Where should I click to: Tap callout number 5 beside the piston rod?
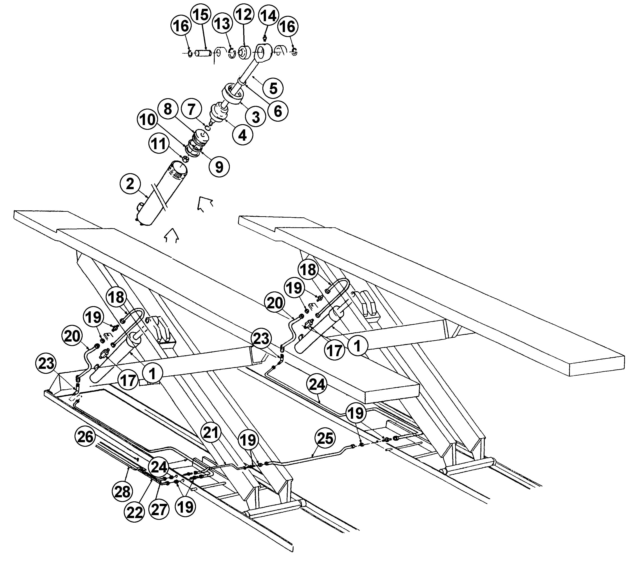(273, 88)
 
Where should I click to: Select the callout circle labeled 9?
(219, 167)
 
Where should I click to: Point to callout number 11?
(159, 144)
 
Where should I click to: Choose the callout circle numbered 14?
(269, 16)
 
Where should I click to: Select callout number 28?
(123, 492)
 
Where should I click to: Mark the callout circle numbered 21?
(211, 433)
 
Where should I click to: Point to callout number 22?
(135, 512)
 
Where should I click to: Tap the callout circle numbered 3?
(256, 117)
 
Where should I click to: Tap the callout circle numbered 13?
(222, 24)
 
